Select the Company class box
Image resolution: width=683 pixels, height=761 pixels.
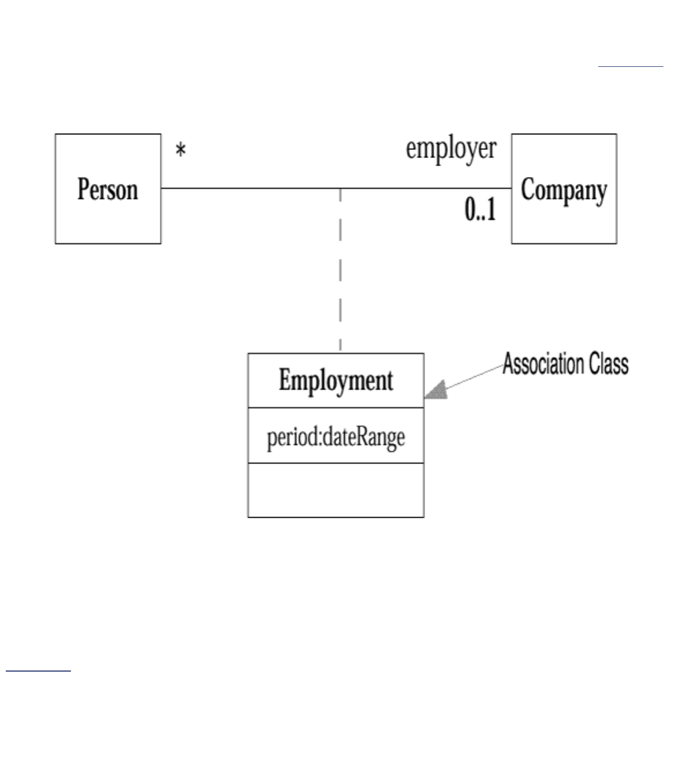[x=564, y=225]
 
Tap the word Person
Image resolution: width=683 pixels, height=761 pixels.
[x=108, y=190]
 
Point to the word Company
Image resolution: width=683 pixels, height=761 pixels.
[x=564, y=191]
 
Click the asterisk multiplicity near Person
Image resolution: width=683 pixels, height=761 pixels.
[x=181, y=152]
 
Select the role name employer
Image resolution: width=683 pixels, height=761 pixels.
[x=451, y=149]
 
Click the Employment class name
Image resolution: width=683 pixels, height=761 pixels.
[x=336, y=381]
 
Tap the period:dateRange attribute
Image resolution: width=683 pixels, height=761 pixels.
[x=336, y=437]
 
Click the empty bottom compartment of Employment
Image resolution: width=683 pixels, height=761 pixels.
[x=336, y=490]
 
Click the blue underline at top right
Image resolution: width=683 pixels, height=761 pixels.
[x=631, y=66]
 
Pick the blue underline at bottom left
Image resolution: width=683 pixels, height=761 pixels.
[x=38, y=670]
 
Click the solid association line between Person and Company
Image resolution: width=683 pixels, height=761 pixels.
[x=248, y=188]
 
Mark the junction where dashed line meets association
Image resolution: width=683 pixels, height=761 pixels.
[x=340, y=188]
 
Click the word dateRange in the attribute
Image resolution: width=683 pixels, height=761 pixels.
[x=364, y=437]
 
